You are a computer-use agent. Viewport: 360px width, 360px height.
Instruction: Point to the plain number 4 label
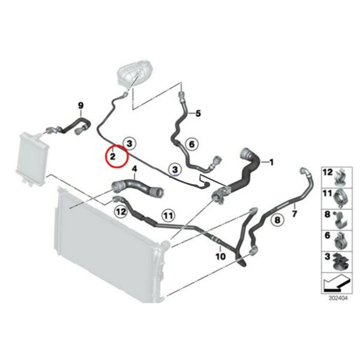pyautogui.click(x=133, y=169)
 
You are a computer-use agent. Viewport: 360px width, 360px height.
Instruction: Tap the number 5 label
pyautogui.click(x=198, y=113)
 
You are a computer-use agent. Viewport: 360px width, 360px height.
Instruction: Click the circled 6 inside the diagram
pyautogui.click(x=191, y=144)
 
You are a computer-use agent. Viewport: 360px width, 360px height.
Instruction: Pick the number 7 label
pyautogui.click(x=295, y=211)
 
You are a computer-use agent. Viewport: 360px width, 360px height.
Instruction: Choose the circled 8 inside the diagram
pyautogui.click(x=277, y=220)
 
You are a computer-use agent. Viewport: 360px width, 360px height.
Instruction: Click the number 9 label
pyautogui.click(x=81, y=106)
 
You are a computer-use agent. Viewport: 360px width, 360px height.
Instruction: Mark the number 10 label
pyautogui.click(x=220, y=257)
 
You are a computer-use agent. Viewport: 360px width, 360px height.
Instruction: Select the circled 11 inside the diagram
pyautogui.click(x=167, y=216)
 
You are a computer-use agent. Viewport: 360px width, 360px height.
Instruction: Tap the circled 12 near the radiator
pyautogui.click(x=121, y=211)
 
